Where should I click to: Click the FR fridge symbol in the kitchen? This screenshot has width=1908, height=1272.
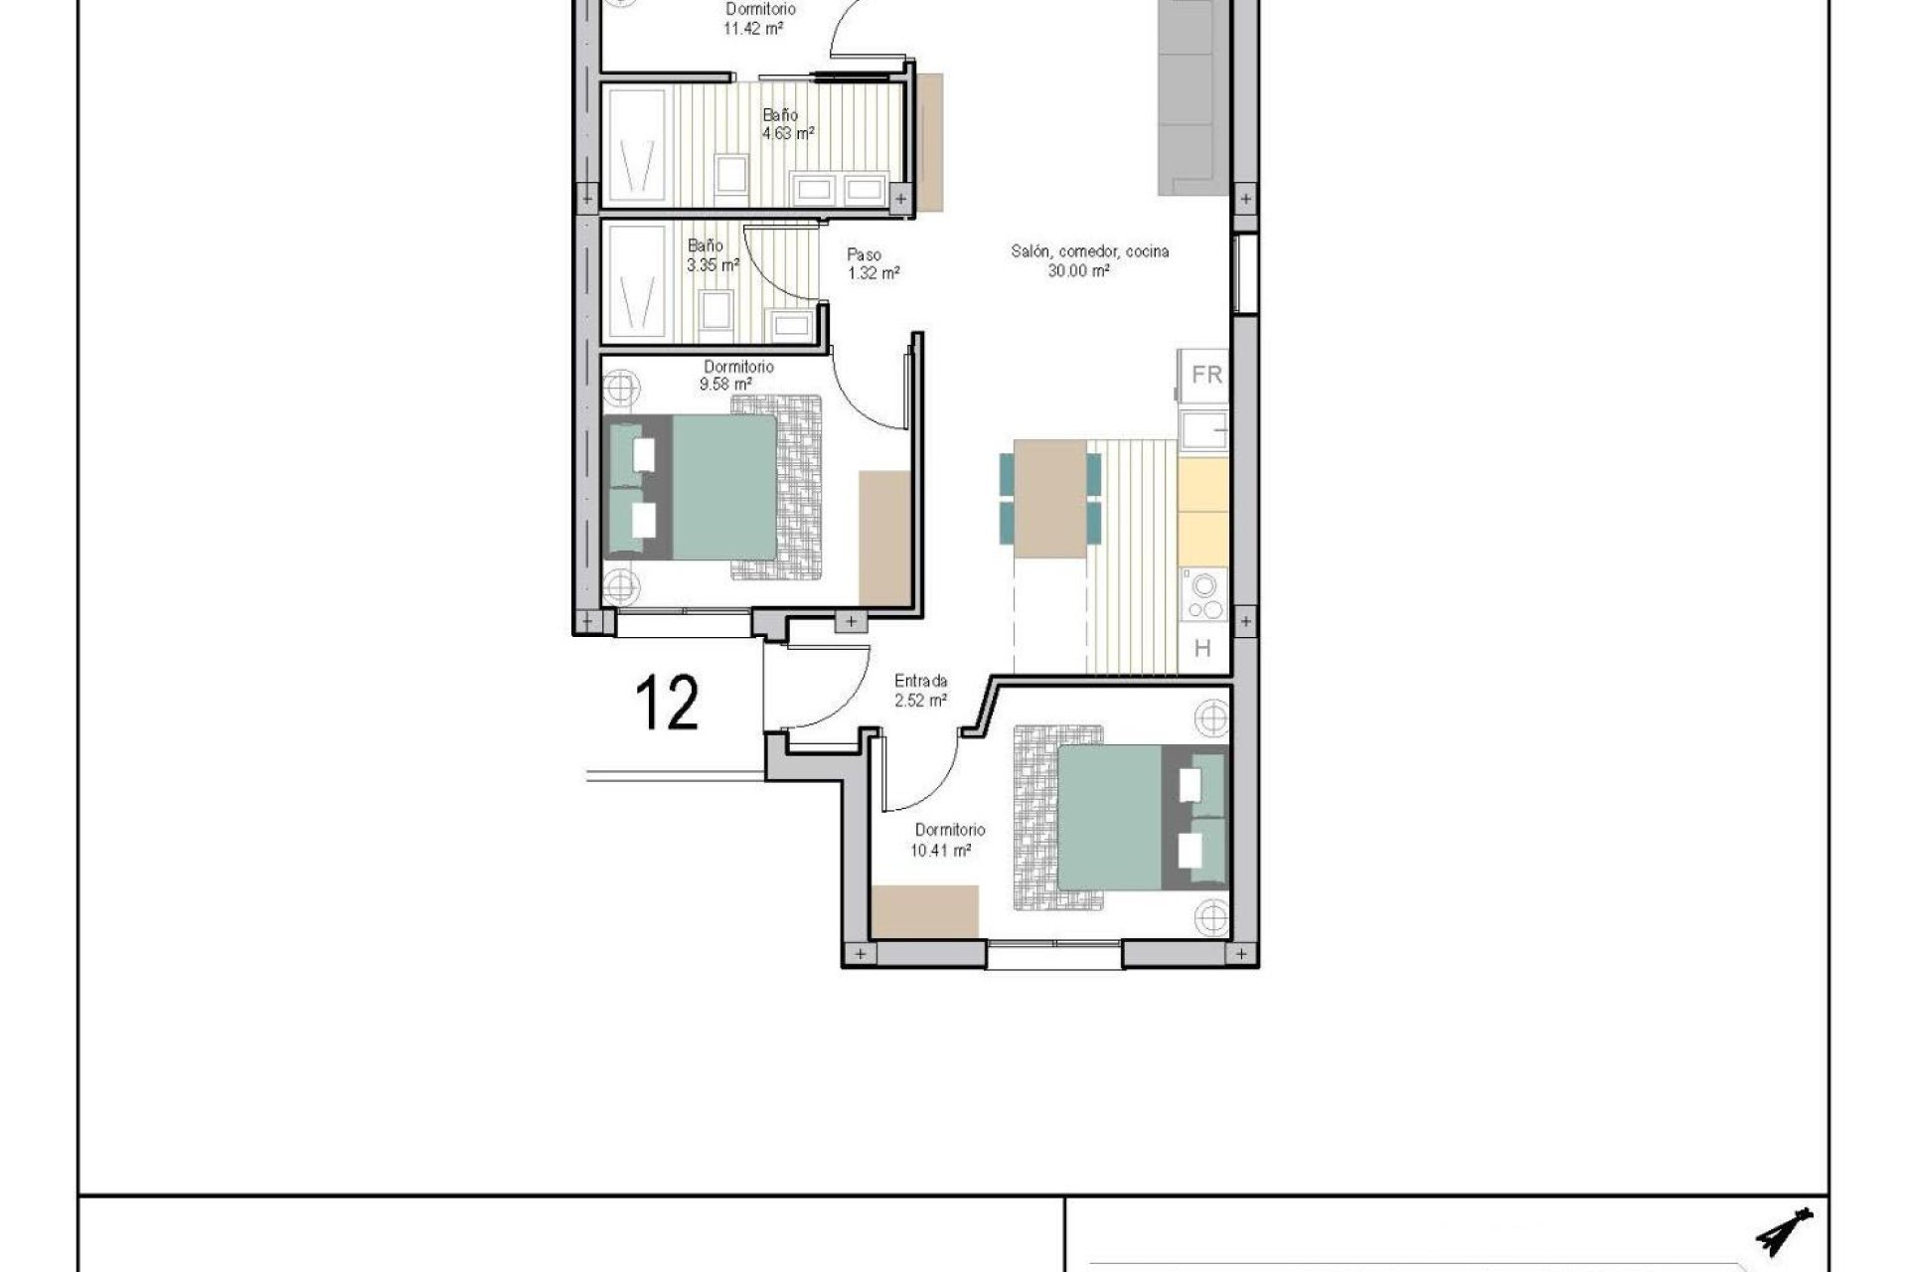(x=1205, y=376)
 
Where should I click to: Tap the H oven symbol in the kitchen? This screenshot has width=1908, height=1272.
(x=1202, y=649)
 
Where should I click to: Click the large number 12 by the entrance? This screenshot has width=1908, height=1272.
(x=667, y=703)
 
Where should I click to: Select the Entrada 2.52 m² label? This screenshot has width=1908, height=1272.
(x=920, y=691)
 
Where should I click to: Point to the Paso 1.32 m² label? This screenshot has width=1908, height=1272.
(x=874, y=264)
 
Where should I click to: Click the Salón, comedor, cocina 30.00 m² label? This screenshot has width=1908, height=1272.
(x=1089, y=260)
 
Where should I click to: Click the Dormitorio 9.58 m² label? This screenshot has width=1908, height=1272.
(x=738, y=375)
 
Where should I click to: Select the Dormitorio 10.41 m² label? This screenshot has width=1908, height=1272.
(x=949, y=840)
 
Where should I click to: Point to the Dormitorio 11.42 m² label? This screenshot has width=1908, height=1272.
(x=759, y=19)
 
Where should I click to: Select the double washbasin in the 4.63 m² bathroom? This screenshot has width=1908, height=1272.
(x=837, y=189)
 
